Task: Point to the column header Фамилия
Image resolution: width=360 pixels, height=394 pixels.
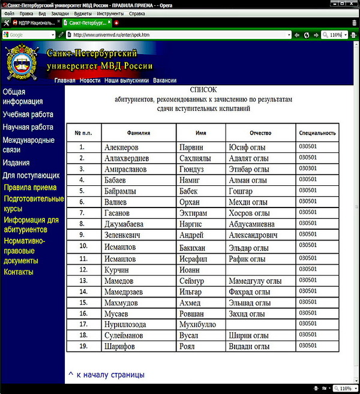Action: [139, 133]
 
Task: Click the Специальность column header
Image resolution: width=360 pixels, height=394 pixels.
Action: [317, 133]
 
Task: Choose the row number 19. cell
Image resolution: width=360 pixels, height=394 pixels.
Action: [84, 346]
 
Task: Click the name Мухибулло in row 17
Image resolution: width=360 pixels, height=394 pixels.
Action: [196, 324]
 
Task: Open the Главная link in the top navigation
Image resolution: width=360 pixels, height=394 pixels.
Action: [65, 80]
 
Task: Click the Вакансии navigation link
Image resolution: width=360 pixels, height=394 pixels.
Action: [165, 80]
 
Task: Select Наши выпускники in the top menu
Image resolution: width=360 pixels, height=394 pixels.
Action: [127, 80]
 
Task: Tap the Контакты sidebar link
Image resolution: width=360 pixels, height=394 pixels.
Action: [19, 272]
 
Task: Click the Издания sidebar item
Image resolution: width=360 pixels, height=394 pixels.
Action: [16, 163]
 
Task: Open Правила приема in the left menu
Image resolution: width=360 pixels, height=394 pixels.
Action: [30, 188]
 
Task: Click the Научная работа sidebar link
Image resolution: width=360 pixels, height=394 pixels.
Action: [28, 127]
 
